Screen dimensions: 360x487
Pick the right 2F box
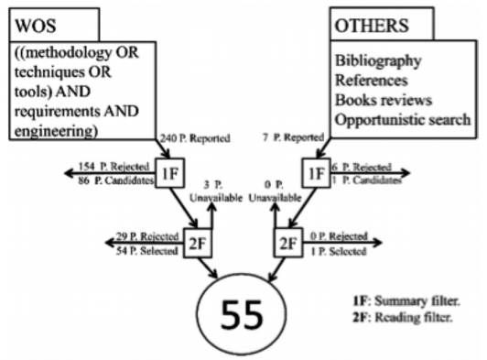[286, 242]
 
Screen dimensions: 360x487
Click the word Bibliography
[381, 61]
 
